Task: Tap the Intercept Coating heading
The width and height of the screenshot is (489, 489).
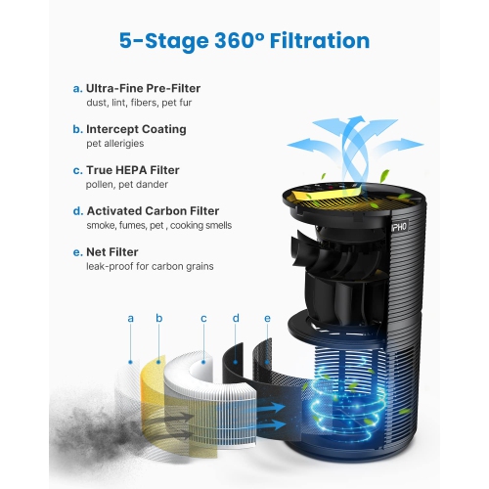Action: (x=136, y=129)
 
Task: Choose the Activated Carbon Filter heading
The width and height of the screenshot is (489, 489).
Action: (x=153, y=210)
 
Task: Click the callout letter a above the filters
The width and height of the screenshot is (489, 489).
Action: (x=130, y=318)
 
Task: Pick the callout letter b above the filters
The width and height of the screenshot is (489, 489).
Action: (x=159, y=318)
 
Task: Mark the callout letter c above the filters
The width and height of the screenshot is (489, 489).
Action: (x=203, y=318)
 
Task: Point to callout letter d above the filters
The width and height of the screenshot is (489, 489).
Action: (x=236, y=318)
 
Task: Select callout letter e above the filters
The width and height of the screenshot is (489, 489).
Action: (x=267, y=318)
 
